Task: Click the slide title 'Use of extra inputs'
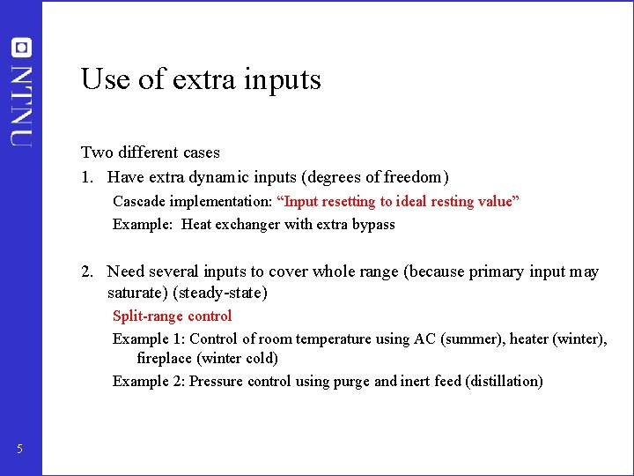[201, 79]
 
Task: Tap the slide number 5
[19, 450]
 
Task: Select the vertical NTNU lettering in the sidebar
[22, 103]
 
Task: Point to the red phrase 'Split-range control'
[172, 316]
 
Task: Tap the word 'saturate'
[137, 292]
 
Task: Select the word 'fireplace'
[165, 358]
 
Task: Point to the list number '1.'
[87, 176]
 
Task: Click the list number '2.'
[87, 271]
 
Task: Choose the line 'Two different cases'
[151, 152]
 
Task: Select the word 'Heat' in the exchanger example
[197, 224]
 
